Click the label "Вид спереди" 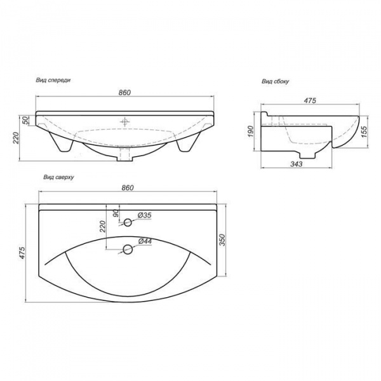tap(53, 80)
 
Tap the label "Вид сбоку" tap(275, 81)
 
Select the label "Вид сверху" tap(58, 177)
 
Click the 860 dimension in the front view tap(124, 93)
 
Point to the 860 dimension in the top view tap(128, 188)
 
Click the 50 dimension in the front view tap(25, 121)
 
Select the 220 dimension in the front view tap(16, 138)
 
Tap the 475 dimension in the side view tap(310, 100)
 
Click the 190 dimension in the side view tap(251, 131)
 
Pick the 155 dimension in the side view tap(364, 131)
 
